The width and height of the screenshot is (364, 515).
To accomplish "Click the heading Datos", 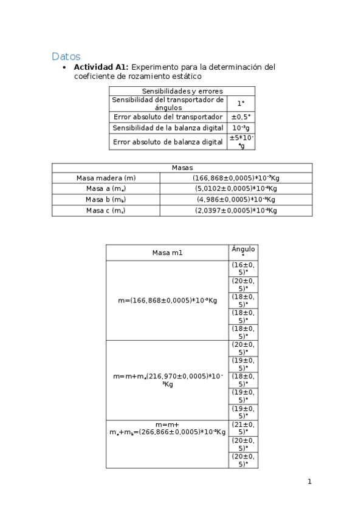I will click(x=66, y=56).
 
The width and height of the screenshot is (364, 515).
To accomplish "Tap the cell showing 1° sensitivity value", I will click(x=241, y=103).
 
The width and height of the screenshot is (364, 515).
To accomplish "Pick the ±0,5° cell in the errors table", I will click(x=241, y=117).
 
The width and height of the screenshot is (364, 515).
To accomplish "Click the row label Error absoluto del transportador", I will click(x=168, y=117).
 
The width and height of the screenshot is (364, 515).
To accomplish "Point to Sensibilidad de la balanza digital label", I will click(x=168, y=128).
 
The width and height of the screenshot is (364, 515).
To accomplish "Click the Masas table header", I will click(x=182, y=167).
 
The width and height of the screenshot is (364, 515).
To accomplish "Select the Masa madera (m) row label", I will click(x=106, y=178).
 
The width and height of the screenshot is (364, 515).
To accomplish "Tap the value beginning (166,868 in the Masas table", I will click(x=236, y=178).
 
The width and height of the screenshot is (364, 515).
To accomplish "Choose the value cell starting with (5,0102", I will click(x=236, y=189).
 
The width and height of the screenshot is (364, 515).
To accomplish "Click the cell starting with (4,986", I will click(x=236, y=200).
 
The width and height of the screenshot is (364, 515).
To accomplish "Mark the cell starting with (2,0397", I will click(x=236, y=211).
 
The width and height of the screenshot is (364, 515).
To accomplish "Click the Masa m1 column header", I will click(x=167, y=253).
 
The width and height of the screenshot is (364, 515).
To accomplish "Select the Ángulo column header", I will click(x=243, y=252).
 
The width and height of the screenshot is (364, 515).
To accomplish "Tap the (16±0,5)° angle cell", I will click(x=243, y=268).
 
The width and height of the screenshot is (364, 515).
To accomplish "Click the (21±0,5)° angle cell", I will click(x=243, y=428).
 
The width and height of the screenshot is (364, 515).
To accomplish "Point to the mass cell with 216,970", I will click(x=167, y=380).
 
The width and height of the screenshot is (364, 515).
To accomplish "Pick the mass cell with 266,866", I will click(x=167, y=428).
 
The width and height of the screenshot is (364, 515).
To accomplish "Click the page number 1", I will click(x=309, y=482).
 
